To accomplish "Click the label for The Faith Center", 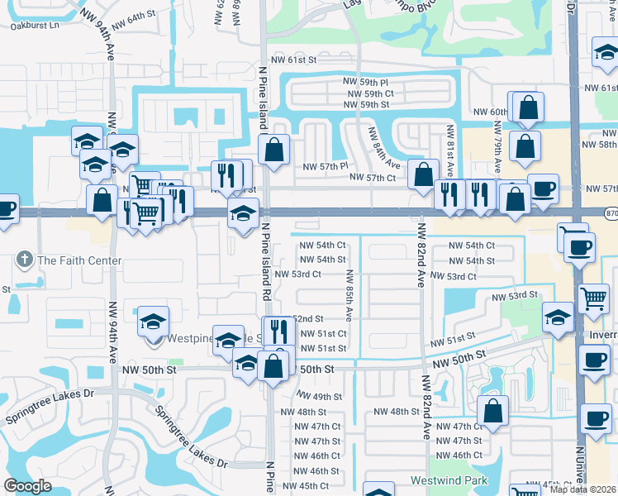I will tap(79, 260).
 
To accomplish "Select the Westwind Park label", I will tap(449, 480).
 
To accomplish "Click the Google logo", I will tap(27, 486).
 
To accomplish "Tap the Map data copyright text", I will tap(584, 489).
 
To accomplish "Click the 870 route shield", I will tap(610, 212).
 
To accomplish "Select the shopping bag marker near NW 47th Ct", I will tap(492, 409).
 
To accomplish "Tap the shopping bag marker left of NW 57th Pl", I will tap(274, 149).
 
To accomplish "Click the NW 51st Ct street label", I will tap(319, 333).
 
